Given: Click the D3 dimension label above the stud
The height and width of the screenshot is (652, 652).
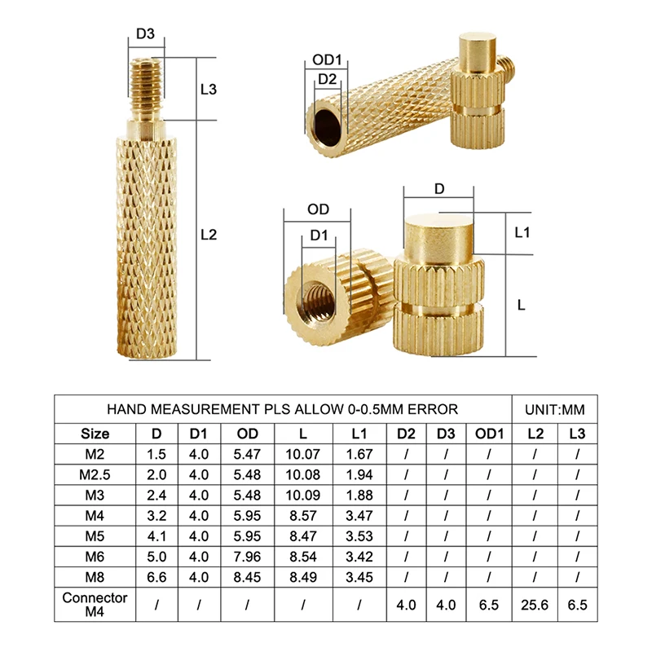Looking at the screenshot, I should point(145,34).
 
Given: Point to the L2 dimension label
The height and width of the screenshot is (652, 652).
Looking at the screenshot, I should point(208,235).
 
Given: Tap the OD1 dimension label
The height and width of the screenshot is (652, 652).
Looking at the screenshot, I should point(327,60).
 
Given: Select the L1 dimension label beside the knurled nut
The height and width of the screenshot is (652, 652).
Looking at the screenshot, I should point(522,232).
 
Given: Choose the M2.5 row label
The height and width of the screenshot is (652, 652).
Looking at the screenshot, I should point(95,474).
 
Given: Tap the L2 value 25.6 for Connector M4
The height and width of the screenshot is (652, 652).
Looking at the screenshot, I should point(535,606).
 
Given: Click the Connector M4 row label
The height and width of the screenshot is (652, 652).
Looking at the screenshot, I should point(95,606).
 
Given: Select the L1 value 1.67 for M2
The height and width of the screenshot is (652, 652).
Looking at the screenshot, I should point(359,455).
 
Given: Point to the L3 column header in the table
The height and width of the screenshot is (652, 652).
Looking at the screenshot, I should point(577,434).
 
